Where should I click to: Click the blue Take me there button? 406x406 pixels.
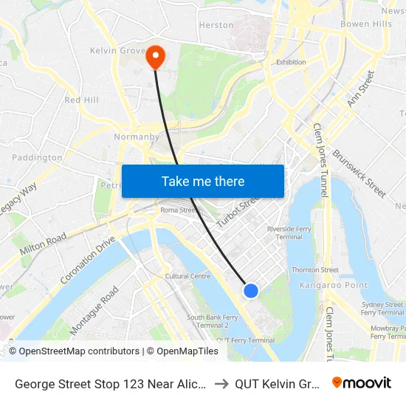203,181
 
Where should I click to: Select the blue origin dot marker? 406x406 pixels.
251,290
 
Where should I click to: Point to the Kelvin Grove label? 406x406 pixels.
116,50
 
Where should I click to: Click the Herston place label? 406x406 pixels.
216,25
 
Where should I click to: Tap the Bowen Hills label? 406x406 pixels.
365,24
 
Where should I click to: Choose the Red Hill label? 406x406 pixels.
81,100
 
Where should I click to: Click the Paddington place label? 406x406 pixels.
37,157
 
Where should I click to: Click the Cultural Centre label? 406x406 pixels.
187,276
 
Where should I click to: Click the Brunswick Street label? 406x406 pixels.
359,173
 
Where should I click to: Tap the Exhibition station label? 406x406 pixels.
291,62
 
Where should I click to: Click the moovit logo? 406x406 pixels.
361,383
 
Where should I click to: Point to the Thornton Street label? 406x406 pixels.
315,270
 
